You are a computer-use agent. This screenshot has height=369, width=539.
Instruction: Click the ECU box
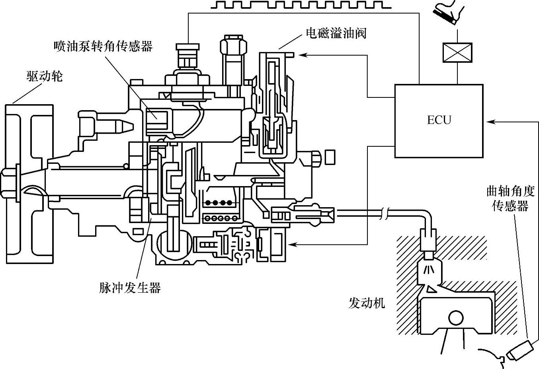point(439,120)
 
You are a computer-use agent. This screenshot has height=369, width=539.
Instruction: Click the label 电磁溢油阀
point(336,33)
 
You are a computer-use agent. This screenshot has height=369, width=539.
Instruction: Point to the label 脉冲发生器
point(130,287)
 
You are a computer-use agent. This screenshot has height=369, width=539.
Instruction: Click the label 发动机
point(367,303)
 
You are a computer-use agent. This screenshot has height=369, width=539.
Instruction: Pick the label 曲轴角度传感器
point(510,198)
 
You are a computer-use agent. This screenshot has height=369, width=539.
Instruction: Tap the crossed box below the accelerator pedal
point(457,52)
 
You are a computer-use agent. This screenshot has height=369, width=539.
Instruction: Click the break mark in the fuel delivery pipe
point(385,215)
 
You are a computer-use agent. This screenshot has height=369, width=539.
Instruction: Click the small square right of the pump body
point(330,157)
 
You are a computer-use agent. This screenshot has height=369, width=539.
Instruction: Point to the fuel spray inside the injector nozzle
point(428,269)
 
